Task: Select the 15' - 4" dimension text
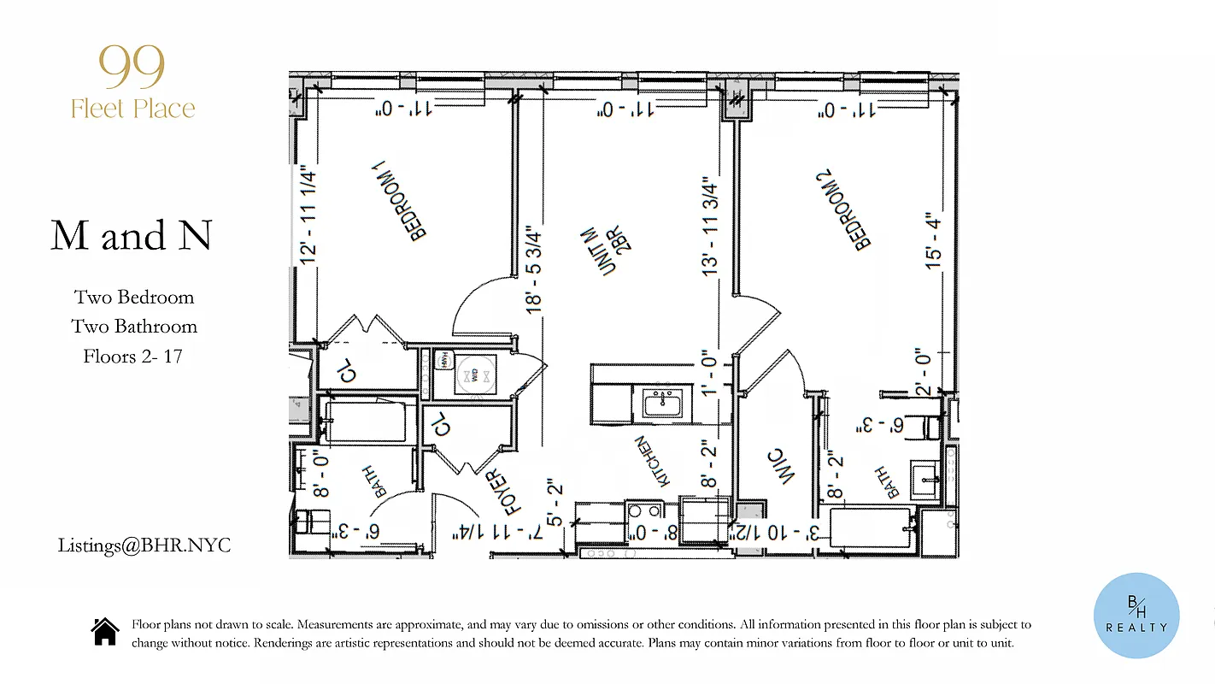point(935,242)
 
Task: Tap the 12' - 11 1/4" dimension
point(308,217)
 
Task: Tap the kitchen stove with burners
point(643,511)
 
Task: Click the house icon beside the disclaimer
point(105,632)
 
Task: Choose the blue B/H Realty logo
point(1136,616)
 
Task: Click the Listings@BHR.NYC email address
point(144,545)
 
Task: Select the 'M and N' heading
point(131,235)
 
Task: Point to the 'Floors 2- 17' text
point(132,356)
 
